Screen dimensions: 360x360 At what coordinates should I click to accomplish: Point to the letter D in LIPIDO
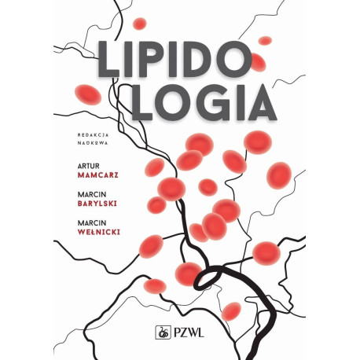click(209, 59)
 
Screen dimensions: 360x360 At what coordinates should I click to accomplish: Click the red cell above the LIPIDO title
click(140, 24)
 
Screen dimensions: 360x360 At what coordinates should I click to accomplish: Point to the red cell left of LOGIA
click(88, 95)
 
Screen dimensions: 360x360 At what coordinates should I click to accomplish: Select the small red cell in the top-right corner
click(265, 40)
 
